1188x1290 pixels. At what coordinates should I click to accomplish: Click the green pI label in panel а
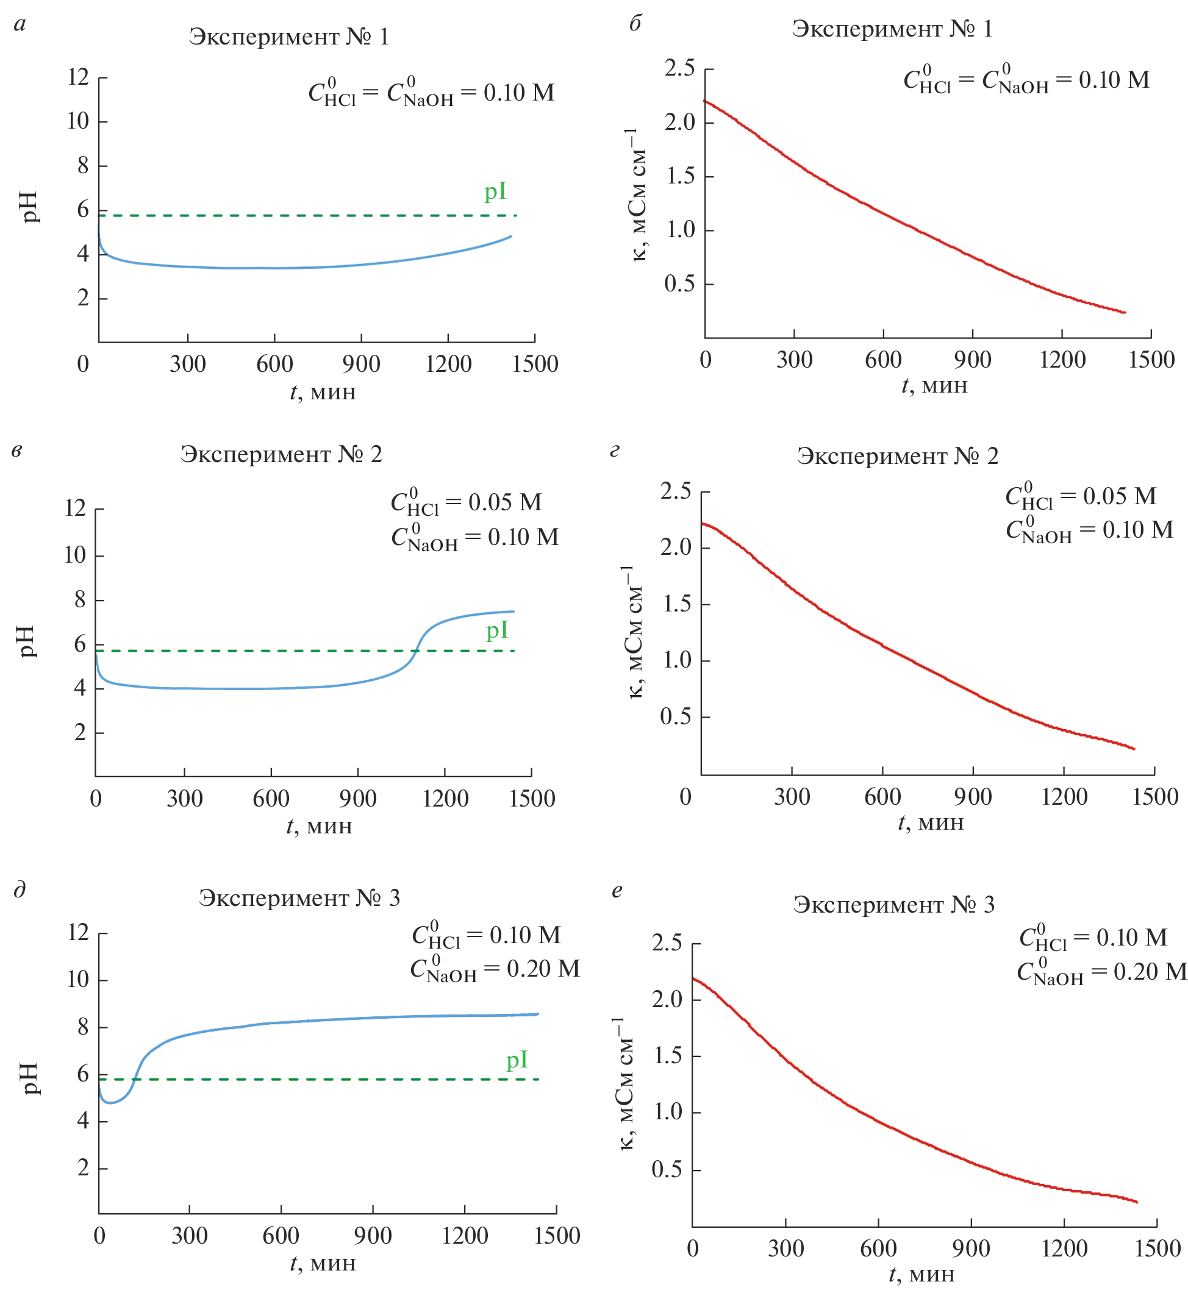click(x=495, y=191)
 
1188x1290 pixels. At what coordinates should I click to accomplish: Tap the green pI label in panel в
click(x=497, y=630)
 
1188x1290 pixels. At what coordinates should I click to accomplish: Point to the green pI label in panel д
click(x=517, y=1060)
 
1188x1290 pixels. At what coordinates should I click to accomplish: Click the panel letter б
click(x=634, y=24)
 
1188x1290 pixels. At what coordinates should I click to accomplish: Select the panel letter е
click(x=617, y=890)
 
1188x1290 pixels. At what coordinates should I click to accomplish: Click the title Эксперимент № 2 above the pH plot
click(x=281, y=454)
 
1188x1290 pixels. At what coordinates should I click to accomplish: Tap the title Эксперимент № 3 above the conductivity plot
click(x=893, y=905)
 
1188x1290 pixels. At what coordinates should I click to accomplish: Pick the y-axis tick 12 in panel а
click(x=79, y=77)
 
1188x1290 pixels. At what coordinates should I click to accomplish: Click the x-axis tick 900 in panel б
click(x=972, y=360)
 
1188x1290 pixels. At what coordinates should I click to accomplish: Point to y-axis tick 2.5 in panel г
click(x=676, y=491)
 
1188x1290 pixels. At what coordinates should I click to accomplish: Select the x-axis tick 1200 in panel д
click(x=465, y=1235)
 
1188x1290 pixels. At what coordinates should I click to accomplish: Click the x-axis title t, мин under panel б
click(x=934, y=386)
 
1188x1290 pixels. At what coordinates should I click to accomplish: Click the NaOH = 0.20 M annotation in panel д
click(x=495, y=969)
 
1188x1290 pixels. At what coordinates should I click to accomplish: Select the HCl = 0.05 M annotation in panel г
click(x=1081, y=496)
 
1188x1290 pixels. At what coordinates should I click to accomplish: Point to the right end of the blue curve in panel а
click(x=511, y=237)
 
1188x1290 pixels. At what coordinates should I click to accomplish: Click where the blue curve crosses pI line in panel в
click(x=415, y=651)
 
